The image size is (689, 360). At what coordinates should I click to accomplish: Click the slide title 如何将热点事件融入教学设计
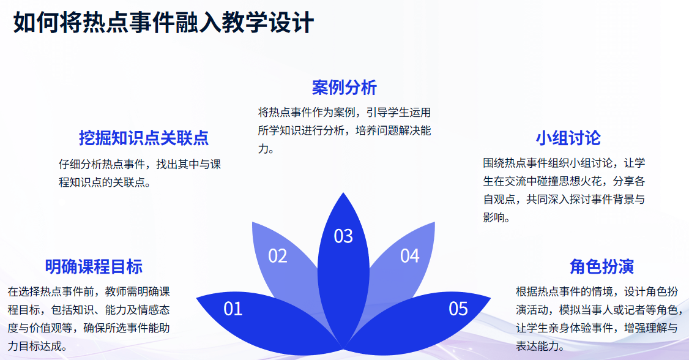coord(163,23)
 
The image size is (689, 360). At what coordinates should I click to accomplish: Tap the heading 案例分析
coord(344,88)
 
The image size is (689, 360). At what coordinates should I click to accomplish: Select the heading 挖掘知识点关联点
coord(144,138)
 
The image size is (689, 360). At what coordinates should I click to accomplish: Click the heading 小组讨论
coord(568,138)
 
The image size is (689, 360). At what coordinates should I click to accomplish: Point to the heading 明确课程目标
coord(94,267)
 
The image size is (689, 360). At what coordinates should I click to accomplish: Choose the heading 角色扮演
coord(601,267)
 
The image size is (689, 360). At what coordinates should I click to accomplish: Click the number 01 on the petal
coord(233,309)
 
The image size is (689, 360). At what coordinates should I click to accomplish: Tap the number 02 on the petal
coord(278,256)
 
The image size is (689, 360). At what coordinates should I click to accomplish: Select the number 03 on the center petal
coord(343,236)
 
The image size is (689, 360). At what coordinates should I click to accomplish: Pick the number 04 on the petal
coord(409,256)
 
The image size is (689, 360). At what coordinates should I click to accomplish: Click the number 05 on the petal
coord(458,309)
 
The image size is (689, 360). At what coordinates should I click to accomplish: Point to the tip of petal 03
coord(343,192)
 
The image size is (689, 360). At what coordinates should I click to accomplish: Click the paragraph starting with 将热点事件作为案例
coord(344,130)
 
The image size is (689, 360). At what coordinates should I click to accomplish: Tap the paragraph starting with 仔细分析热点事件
coord(140,173)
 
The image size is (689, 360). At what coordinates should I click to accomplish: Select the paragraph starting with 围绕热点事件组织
coord(564,190)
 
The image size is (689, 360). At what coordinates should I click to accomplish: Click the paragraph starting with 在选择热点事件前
coord(89,319)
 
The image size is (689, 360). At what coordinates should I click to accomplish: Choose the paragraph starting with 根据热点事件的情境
coord(598,319)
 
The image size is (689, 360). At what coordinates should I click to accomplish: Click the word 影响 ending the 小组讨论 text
coord(493,217)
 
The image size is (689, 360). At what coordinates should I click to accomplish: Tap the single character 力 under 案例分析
coord(263,149)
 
